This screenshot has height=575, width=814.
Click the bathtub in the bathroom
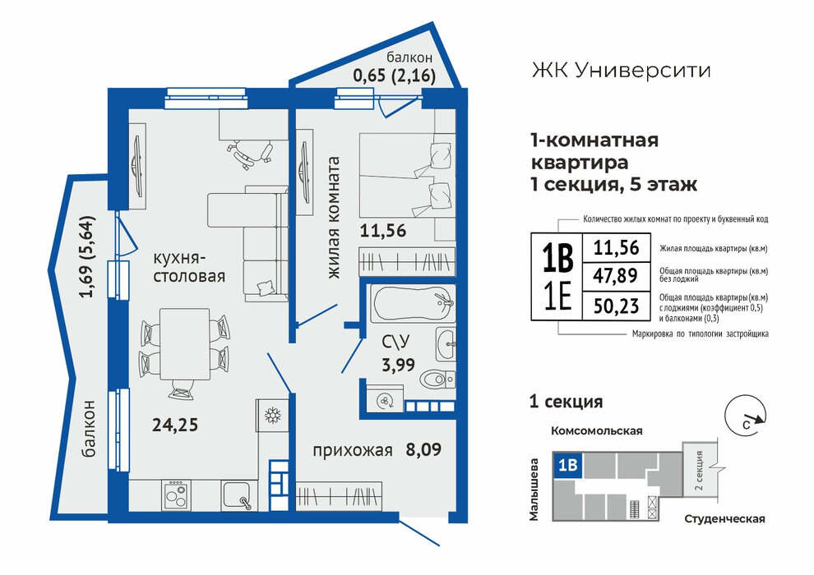pos(413,303)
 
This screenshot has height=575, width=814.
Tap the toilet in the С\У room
pos(437,379)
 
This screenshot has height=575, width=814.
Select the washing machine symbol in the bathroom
pos(385,400)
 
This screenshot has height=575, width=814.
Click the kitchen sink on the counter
pos(238,494)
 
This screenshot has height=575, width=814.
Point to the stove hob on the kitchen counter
pos(175,494)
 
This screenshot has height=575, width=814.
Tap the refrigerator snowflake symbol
pos(271,416)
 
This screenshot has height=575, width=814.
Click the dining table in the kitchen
pos(184,344)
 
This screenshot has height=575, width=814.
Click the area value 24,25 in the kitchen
pos(175,425)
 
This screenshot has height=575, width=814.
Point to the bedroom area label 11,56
pos(383,231)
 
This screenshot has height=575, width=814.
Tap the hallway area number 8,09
pos(423,449)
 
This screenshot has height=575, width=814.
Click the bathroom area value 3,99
pos(399,365)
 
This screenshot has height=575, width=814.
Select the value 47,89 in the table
pos(616,275)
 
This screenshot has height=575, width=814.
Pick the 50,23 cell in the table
pos(616,306)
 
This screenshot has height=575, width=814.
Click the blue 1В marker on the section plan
pos(568,465)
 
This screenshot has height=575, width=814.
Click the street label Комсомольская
pos(596,431)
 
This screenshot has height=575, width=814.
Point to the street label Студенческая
pos(724,519)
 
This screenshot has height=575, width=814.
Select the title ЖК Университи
pos(621,70)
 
